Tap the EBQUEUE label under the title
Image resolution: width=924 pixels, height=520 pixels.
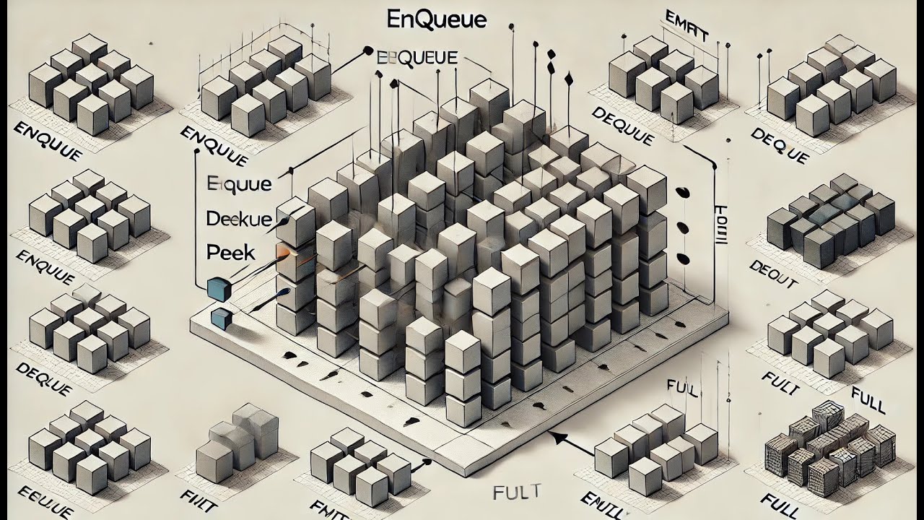pyautogui.click(x=417, y=58)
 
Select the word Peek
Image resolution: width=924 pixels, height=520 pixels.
pyautogui.click(x=230, y=252)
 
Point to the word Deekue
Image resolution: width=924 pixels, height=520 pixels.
pyautogui.click(x=239, y=218)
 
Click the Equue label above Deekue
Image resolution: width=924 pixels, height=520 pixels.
pyautogui.click(x=239, y=183)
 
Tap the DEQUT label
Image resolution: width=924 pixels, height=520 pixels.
pyautogui.click(x=772, y=275)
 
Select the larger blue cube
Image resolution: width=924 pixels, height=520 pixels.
pyautogui.click(x=217, y=288)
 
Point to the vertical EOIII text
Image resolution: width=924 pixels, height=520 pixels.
pyautogui.click(x=720, y=224)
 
